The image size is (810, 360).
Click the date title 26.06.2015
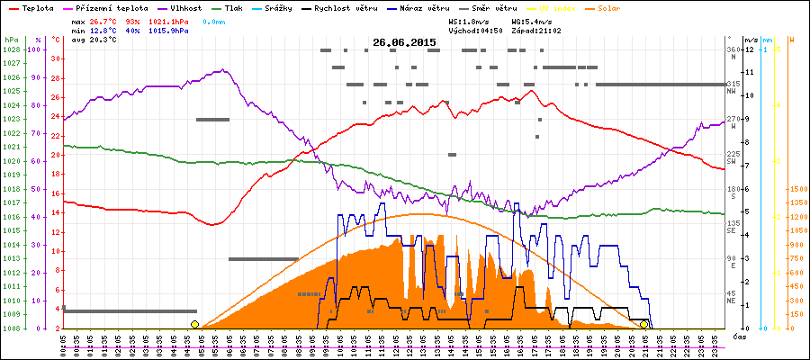[x=404, y=42]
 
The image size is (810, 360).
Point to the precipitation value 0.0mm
[x=214, y=21]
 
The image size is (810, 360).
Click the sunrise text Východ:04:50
[x=476, y=31]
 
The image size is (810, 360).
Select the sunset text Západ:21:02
[x=535, y=31]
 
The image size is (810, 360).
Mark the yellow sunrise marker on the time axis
[x=194, y=324]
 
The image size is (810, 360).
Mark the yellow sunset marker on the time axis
[x=644, y=324]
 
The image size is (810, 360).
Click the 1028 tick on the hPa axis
[x=11, y=49]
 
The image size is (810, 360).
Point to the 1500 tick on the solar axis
[x=796, y=189]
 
